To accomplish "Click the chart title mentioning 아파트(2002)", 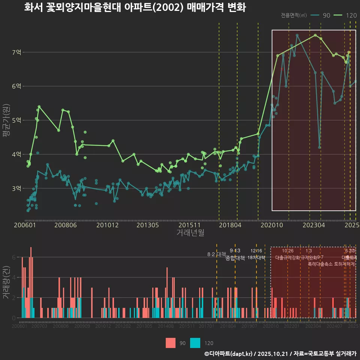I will pyautogui.click(x=135, y=7).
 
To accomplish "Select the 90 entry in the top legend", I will pyautogui.click(x=326, y=15).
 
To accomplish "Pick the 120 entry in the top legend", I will pyautogui.click(x=351, y=15).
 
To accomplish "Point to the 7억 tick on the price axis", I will pyautogui.click(x=16, y=52).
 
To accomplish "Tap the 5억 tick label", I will pyautogui.click(x=16, y=120).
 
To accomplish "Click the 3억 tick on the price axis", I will pyautogui.click(x=16, y=188).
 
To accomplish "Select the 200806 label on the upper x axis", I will pyautogui.click(x=65, y=225).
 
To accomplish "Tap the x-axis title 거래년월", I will pyautogui.click(x=190, y=232).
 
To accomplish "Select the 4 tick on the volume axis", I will pyautogui.click(x=14, y=277).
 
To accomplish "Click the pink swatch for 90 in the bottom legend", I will pyautogui.click(x=171, y=343).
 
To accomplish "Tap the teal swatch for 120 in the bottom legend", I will pyautogui.click(x=195, y=343).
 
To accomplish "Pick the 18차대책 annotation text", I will pyautogui.click(x=256, y=258).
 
